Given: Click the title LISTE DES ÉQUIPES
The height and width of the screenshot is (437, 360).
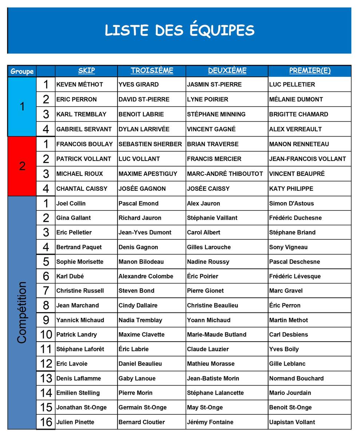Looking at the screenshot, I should click(x=179, y=30).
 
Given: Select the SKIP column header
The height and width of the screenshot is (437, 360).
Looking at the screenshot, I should click(x=87, y=71).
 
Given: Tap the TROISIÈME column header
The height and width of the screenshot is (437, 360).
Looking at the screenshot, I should click(x=152, y=71).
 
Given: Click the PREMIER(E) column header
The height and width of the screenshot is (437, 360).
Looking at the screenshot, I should click(x=310, y=71).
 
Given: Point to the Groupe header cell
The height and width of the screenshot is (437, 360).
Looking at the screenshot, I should click(x=22, y=71).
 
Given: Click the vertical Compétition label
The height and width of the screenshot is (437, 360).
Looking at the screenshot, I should click(x=22, y=312).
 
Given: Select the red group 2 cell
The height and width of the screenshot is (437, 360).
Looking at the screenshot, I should click(x=22, y=166).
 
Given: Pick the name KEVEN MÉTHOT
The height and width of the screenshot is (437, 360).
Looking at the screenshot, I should click(x=80, y=84).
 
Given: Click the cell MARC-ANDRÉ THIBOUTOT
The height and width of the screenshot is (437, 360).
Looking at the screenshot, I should click(x=225, y=174).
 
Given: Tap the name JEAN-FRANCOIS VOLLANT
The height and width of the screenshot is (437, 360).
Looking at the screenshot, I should click(x=308, y=159).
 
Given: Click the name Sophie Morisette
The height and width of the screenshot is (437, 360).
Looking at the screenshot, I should click(x=80, y=261).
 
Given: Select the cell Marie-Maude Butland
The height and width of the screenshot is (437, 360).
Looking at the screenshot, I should click(x=217, y=334).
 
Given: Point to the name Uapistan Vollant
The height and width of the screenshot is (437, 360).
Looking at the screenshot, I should click(x=292, y=422).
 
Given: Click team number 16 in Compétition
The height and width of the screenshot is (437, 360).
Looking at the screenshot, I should click(x=46, y=422).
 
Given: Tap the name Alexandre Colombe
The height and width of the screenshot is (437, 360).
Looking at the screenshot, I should click(x=146, y=276).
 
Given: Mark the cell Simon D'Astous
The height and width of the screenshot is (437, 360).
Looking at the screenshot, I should click(x=291, y=203).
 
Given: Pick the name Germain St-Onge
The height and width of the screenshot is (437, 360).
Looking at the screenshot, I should click(x=142, y=407).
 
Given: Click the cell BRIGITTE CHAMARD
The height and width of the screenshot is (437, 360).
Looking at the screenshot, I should click(x=298, y=114).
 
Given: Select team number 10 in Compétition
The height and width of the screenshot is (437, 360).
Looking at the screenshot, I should click(x=46, y=334).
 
